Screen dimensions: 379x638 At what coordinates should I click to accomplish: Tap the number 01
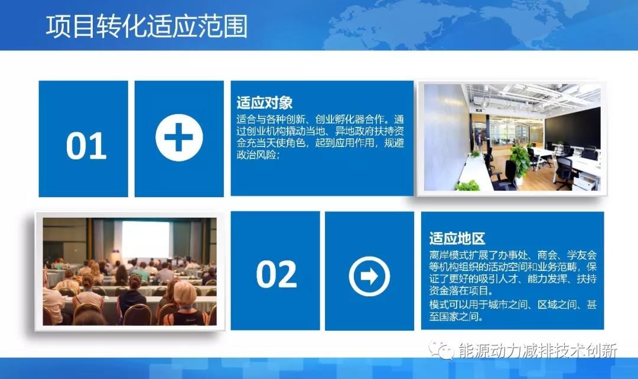[86, 146]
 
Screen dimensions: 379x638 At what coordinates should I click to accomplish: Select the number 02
[276, 275]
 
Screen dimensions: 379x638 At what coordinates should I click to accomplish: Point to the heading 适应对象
[265, 103]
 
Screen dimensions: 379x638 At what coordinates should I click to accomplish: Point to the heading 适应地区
[457, 238]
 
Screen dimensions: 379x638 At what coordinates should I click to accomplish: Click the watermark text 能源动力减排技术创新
[538, 351]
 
